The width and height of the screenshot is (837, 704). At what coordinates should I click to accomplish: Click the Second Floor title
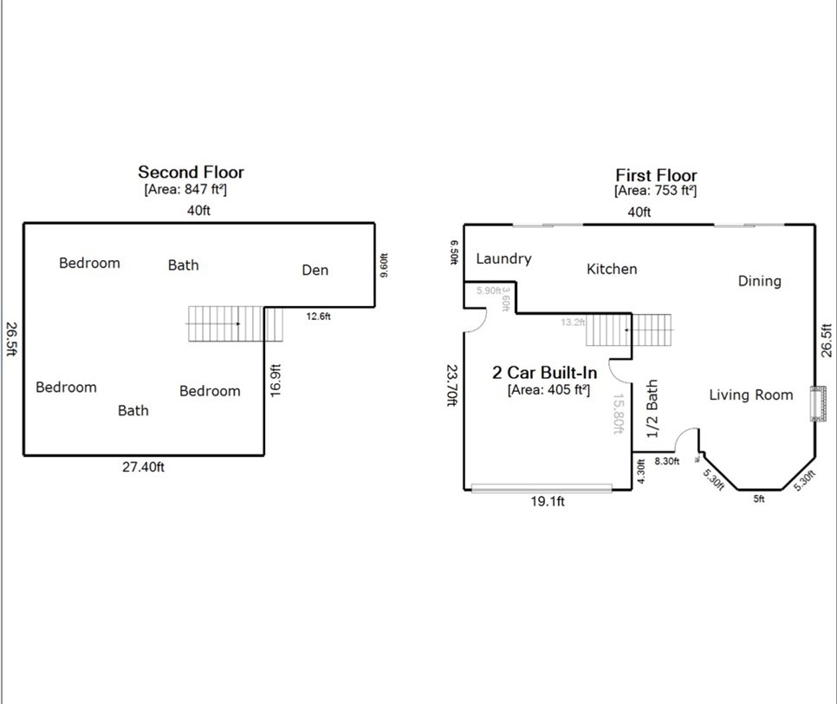[x=191, y=172]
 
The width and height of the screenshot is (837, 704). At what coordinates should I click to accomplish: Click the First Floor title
[x=656, y=175]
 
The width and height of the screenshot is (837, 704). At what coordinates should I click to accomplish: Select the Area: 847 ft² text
[x=185, y=189]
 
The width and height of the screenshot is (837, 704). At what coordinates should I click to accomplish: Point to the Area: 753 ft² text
[x=655, y=191]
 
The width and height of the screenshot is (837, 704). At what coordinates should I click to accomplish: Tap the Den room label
[x=315, y=270]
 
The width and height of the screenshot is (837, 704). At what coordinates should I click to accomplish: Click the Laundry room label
[x=503, y=258]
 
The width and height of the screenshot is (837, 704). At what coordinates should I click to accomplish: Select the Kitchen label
[x=612, y=269]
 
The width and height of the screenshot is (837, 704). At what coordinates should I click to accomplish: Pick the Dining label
[x=759, y=281]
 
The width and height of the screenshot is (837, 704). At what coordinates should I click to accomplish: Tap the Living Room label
[x=750, y=394]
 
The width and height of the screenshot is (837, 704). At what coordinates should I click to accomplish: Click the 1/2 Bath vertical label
[x=652, y=407]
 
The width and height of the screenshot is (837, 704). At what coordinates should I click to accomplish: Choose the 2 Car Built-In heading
[x=544, y=373]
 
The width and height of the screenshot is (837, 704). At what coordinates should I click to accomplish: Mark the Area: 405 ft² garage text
[x=548, y=390]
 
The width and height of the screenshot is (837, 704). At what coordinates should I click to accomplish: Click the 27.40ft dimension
[x=143, y=466]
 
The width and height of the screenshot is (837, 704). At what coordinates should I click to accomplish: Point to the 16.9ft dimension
[x=276, y=380]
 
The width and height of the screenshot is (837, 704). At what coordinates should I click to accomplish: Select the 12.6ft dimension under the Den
[x=318, y=316]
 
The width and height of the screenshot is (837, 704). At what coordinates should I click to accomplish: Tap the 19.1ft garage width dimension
[x=547, y=501]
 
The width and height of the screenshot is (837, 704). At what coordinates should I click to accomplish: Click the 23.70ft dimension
[x=451, y=385]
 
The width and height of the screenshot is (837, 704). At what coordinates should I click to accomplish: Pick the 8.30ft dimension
[x=666, y=461]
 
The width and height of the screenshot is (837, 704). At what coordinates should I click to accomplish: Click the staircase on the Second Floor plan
[x=234, y=324]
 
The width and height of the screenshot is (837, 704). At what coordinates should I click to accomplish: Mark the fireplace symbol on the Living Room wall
[x=814, y=403]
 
